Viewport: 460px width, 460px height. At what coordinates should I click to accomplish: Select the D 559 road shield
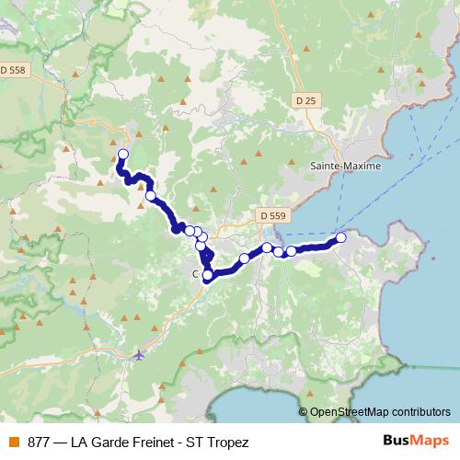point(268,215)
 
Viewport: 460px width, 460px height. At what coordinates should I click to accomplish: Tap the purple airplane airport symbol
point(139,353)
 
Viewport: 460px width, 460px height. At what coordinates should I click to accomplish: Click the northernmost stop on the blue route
point(123,154)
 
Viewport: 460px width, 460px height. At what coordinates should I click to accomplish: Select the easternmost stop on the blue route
point(341,237)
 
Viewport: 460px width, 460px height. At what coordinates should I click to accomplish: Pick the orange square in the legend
point(15,443)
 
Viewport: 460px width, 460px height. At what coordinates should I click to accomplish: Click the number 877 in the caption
point(39,443)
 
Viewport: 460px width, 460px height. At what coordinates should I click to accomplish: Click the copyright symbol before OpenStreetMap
point(305,412)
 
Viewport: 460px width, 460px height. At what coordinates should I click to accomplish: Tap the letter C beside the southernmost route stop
point(195,274)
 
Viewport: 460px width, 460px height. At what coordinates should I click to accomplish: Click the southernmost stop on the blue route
point(207,274)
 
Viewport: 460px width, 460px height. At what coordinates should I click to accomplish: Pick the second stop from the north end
point(151,195)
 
